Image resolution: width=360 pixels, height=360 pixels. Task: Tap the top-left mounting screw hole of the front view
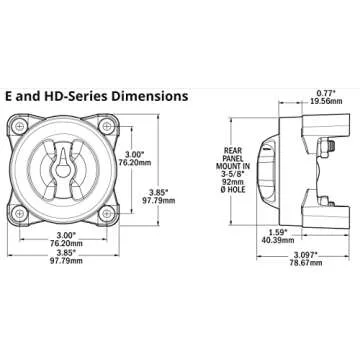(20, 128)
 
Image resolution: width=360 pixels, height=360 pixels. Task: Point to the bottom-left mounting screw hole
(20, 212)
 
